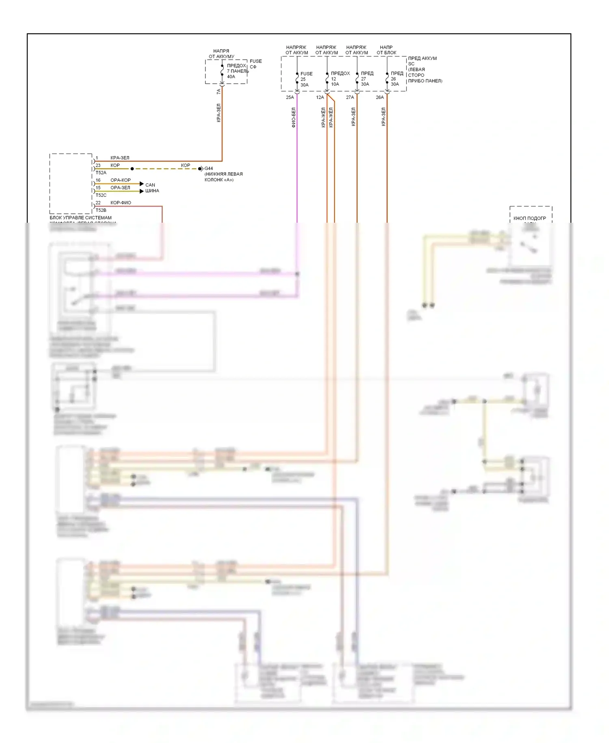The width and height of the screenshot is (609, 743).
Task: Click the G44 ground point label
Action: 209,168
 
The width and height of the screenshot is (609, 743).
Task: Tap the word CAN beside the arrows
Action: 150,185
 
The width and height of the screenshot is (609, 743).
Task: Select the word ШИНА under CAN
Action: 152,191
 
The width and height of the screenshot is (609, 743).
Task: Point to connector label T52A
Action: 101,173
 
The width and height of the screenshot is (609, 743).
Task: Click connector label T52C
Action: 101,195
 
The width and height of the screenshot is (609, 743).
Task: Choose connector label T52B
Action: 101,210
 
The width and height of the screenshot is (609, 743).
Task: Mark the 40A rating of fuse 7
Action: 231,76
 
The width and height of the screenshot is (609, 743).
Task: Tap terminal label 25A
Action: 289,97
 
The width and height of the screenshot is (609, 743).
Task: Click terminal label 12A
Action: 320,97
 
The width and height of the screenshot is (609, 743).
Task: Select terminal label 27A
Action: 350,97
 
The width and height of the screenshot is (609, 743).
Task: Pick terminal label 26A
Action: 380,97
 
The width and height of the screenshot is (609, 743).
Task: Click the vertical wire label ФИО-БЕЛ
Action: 294,117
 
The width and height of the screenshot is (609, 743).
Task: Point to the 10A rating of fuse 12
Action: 335,84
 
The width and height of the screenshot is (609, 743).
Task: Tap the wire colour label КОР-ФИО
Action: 121,202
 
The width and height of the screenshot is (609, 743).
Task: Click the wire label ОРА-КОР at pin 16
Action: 121,180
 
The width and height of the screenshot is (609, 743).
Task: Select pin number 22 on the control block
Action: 98,202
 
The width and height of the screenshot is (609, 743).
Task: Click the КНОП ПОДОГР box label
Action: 529,218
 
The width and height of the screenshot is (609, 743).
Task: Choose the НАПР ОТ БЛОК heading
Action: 387,50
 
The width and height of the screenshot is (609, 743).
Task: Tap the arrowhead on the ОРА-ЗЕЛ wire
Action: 142,191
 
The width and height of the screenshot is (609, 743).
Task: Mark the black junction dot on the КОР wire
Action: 132,169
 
